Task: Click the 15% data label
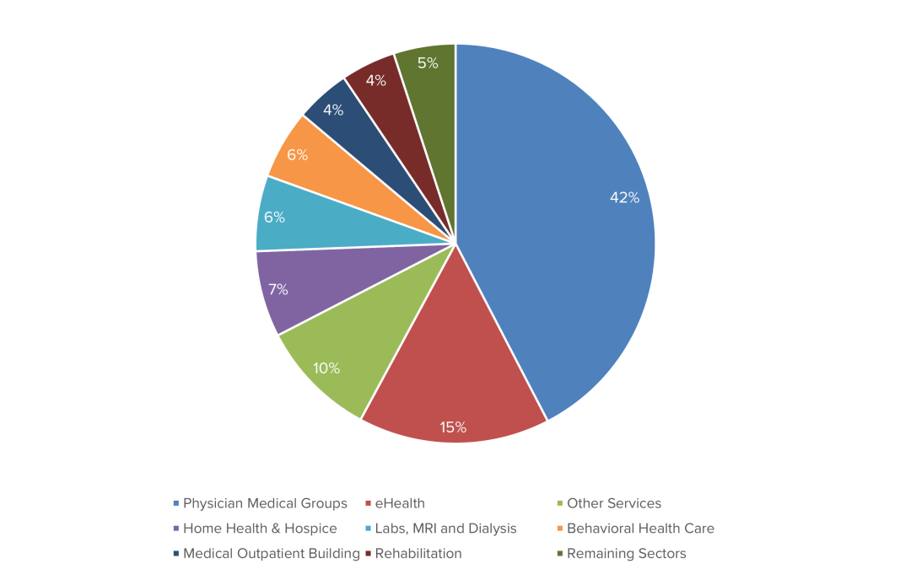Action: pyautogui.click(x=453, y=427)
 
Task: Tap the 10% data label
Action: pyautogui.click(x=326, y=368)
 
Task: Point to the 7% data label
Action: pyautogui.click(x=278, y=290)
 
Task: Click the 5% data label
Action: pyautogui.click(x=428, y=63)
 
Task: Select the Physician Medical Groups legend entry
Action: pyautogui.click(x=264, y=503)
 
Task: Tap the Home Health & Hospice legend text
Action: pyautogui.click(x=259, y=529)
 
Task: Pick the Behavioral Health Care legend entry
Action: pyautogui.click(x=639, y=529)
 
